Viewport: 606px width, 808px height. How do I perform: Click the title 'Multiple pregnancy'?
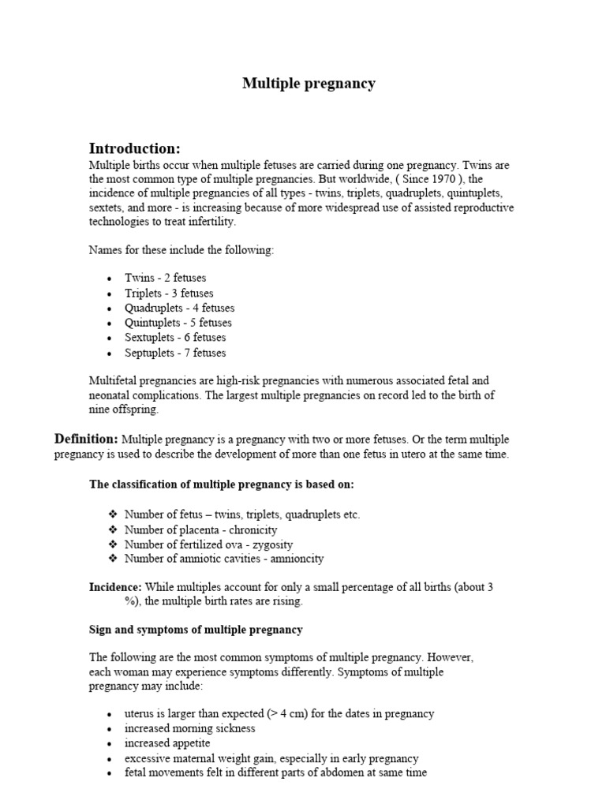tap(309, 84)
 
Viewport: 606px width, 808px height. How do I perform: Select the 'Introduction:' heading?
tap(135, 149)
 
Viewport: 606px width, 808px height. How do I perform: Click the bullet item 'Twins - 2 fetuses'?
tap(165, 278)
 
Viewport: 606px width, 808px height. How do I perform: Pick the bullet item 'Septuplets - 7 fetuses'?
tap(174, 353)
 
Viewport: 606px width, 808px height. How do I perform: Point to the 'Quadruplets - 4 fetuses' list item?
tap(179, 308)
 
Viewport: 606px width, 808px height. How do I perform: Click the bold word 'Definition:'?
tap(86, 439)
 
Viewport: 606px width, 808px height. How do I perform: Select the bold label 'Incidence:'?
tap(115, 587)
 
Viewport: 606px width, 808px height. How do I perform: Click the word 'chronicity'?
tap(249, 529)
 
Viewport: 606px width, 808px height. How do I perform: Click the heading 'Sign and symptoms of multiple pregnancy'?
tap(196, 630)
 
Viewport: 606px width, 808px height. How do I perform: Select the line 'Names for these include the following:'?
tap(181, 251)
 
